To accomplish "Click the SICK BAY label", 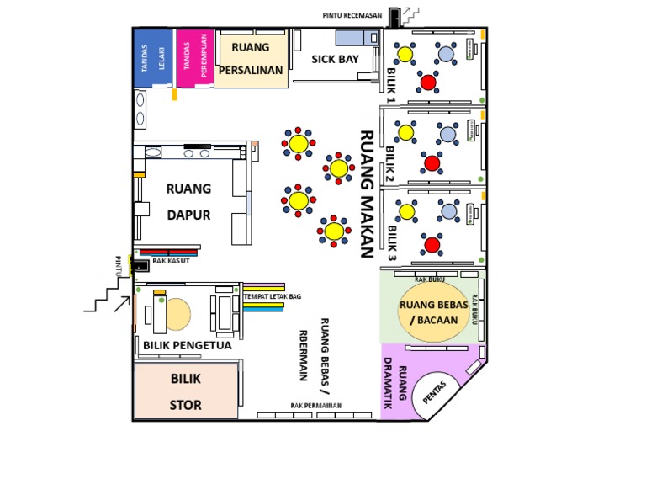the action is click(335, 60).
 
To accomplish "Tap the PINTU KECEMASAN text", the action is click(352, 16).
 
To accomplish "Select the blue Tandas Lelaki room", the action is click(152, 58).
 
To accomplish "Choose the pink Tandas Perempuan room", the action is click(195, 58).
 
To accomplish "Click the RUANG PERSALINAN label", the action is click(251, 59).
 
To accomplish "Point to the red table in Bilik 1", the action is click(428, 82).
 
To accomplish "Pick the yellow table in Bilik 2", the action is click(405, 133).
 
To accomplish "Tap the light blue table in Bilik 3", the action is click(448, 211).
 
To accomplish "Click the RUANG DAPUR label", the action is click(188, 201).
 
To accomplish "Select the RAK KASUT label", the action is click(171, 261).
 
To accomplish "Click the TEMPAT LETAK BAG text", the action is click(273, 296).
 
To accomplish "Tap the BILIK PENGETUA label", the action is click(188, 345).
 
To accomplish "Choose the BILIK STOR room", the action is click(186, 391).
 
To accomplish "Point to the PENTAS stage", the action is click(435, 393).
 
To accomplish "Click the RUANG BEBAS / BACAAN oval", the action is click(433, 312).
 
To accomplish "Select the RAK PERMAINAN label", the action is click(316, 406).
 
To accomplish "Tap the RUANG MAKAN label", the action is click(367, 194).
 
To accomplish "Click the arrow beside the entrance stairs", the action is click(122, 304).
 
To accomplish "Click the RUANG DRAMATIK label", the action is click(395, 383).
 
